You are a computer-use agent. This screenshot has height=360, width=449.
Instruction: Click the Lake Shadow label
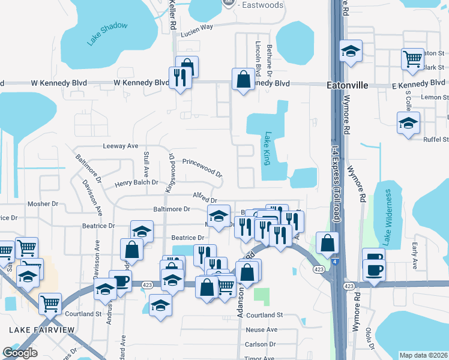[x=107, y=34]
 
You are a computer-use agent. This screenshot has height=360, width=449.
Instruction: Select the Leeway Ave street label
[x=120, y=146]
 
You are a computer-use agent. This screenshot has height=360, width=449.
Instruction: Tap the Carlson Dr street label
[x=260, y=344]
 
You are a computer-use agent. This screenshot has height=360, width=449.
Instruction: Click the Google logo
[x=20, y=353]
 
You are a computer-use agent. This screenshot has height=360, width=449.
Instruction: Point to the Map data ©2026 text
[x=423, y=355]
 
